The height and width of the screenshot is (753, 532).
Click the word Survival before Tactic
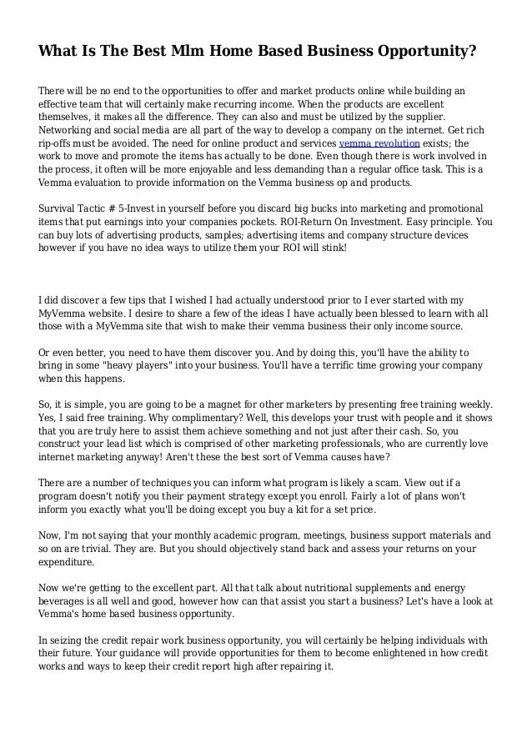click(59, 209)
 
